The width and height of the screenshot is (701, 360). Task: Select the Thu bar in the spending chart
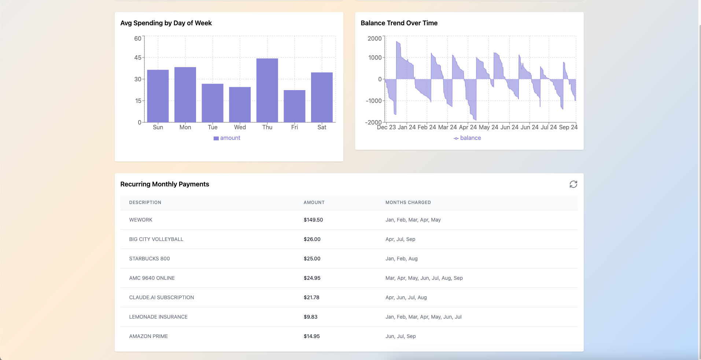[267, 90]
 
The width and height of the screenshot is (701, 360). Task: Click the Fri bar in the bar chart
[294, 106]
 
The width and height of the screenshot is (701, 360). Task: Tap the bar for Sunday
[158, 96]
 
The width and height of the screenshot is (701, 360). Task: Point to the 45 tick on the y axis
[138, 57]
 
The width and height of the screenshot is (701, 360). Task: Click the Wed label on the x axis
[240, 127]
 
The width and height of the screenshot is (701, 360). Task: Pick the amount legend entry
[227, 138]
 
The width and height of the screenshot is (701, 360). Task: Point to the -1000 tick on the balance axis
[373, 101]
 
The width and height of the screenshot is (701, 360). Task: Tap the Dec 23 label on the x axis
[386, 127]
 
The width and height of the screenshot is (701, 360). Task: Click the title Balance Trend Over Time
[399, 23]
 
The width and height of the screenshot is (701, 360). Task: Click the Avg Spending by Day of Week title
[166, 23]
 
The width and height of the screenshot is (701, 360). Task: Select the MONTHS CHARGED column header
[408, 203]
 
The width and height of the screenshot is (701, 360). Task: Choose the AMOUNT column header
[314, 203]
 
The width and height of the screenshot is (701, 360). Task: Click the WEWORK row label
[141, 220]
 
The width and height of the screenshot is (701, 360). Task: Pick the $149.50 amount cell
[313, 220]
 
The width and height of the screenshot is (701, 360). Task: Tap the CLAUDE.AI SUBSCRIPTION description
[162, 297]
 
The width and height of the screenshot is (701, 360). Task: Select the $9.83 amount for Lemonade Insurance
[311, 317]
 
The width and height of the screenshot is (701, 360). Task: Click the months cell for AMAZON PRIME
[401, 336]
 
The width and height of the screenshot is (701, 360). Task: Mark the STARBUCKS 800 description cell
[150, 259]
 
